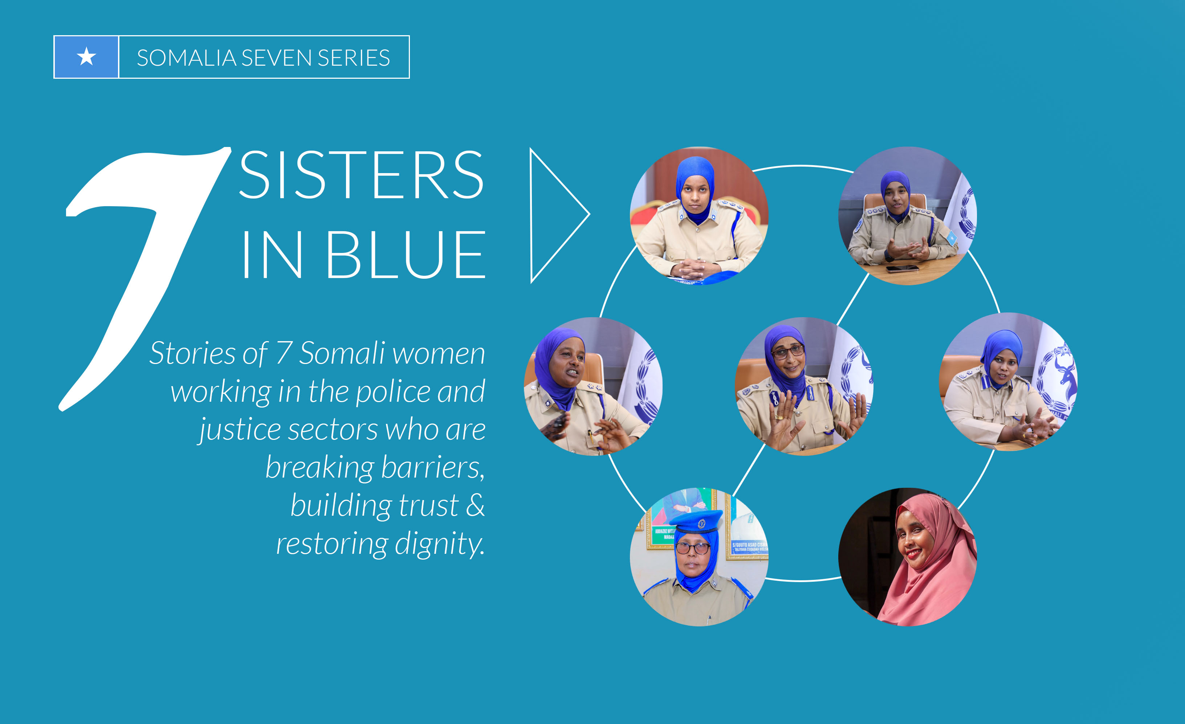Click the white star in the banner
pyautogui.click(x=86, y=57)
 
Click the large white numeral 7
pyautogui.click(x=144, y=279)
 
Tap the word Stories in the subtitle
pyautogui.click(x=192, y=353)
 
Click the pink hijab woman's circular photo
pyautogui.click(x=908, y=557)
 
